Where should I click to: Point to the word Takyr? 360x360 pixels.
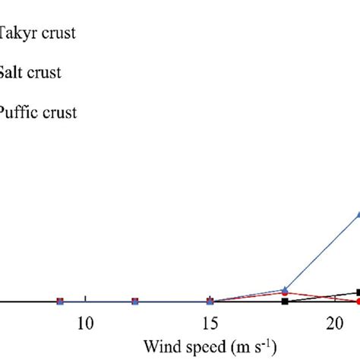point(17,33)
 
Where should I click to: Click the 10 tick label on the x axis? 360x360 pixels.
point(86,324)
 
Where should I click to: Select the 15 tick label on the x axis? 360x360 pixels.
point(210,324)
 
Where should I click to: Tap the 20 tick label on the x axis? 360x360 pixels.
point(334,324)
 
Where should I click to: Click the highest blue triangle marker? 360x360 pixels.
point(358,214)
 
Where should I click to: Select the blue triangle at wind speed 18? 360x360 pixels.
point(285,289)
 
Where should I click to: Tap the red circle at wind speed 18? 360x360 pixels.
point(285,294)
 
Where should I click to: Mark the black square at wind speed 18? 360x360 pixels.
point(285,302)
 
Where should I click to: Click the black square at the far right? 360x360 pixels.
point(358,292)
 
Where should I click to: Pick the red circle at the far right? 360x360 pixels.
point(358,302)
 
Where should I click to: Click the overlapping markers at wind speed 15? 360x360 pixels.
point(210,302)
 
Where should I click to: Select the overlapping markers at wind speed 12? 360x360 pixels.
point(135,302)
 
